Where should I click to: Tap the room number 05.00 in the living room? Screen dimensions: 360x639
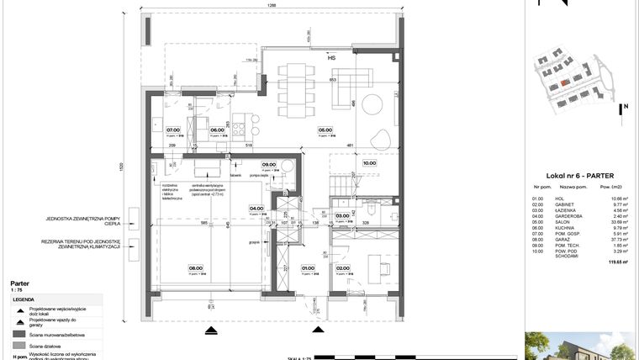[324, 130]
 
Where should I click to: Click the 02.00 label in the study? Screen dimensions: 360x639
[343, 269]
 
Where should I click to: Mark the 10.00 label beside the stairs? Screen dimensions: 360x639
[369, 164]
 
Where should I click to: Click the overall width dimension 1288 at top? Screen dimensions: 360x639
[272, 5]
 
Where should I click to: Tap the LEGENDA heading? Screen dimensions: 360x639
[23, 299]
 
